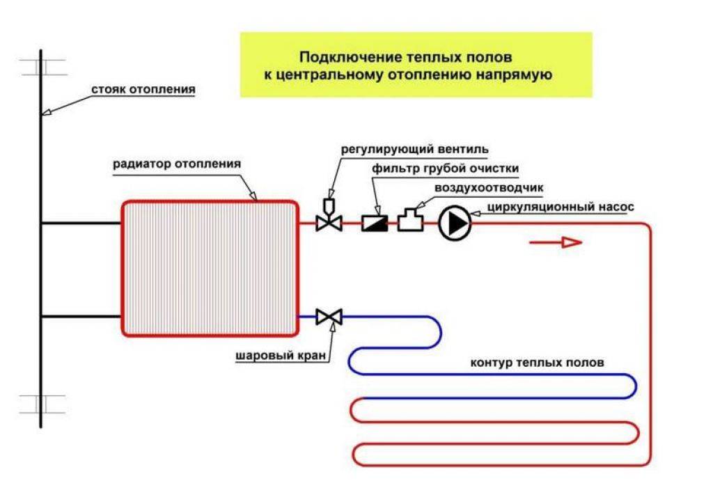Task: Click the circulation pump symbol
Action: (455, 223)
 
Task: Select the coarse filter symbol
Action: (374, 223)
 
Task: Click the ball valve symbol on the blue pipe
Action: (329, 317)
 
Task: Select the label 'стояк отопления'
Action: (143, 90)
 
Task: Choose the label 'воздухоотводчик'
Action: (489, 187)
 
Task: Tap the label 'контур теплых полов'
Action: (538, 363)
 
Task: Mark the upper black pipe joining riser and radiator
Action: (81, 223)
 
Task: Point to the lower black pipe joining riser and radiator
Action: (81, 317)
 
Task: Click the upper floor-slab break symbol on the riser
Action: (41, 68)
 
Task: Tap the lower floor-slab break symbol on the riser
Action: (41, 404)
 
